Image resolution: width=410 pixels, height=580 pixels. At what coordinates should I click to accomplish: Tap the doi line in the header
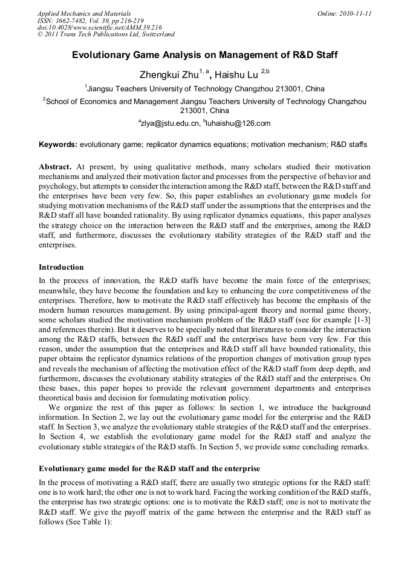[x=99, y=28]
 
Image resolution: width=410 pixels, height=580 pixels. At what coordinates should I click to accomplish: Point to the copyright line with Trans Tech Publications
[x=105, y=35]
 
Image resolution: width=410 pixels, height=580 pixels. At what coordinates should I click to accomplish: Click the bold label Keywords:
[x=58, y=145]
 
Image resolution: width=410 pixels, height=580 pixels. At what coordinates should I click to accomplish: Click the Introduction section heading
[x=61, y=267]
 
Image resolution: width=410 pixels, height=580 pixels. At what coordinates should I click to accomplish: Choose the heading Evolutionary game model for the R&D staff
[x=149, y=469]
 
